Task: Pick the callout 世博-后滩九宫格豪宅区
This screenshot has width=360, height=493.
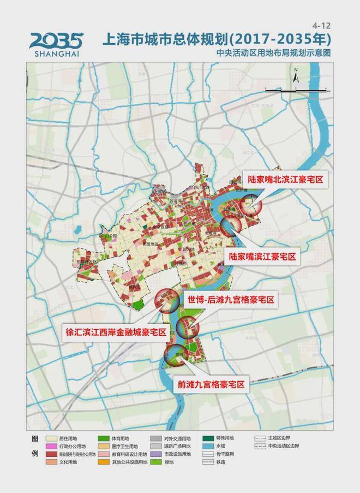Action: tap(230, 300)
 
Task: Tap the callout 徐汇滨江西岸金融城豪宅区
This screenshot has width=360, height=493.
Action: tap(116, 333)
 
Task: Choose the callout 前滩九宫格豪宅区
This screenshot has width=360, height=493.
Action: tap(210, 384)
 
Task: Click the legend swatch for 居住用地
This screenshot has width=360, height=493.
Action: tap(52, 438)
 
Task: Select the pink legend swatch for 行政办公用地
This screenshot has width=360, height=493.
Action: tap(52, 446)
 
